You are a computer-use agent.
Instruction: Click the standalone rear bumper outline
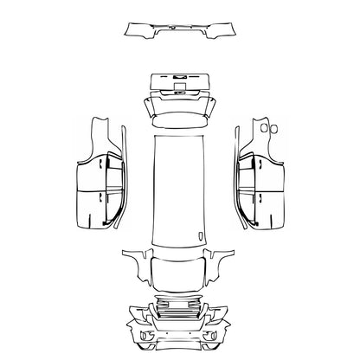179,32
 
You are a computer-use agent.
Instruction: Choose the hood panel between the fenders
180,269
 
